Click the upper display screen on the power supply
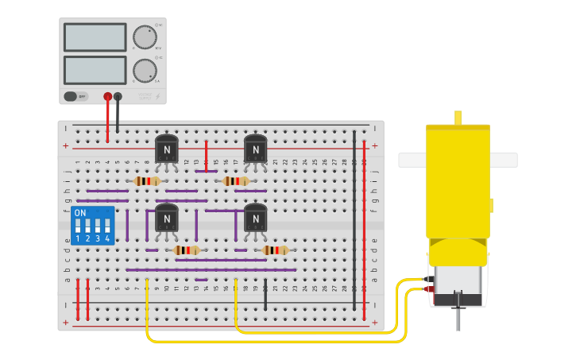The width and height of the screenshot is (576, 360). [x=95, y=37]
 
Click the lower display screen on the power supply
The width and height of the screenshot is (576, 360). [x=95, y=70]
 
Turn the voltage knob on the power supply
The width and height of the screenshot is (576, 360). [x=145, y=37]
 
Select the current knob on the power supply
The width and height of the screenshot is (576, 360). [x=145, y=71]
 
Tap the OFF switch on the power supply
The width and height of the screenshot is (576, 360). [x=75, y=96]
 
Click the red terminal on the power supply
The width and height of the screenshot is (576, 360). [x=108, y=96]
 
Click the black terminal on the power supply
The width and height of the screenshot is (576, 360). [x=118, y=96]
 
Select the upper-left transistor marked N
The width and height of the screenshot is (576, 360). [x=166, y=149]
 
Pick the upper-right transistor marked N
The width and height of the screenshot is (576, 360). [x=255, y=149]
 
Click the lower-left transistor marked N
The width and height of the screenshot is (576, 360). [x=166, y=217]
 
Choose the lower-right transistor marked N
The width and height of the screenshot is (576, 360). [x=255, y=217]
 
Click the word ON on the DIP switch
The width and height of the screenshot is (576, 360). [x=80, y=213]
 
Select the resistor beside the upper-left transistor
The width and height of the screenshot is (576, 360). [x=146, y=181]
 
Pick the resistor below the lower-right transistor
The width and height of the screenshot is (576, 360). [x=275, y=250]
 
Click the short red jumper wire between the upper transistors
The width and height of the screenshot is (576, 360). [x=206, y=155]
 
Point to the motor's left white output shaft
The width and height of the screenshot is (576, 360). [x=412, y=161]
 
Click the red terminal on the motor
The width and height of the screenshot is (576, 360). [x=430, y=289]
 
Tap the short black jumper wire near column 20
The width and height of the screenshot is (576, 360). [x=265, y=294]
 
